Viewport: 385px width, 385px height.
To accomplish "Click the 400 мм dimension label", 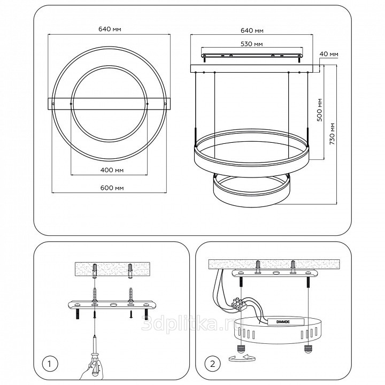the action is (112, 170).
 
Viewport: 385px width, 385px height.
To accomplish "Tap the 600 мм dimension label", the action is (112, 188).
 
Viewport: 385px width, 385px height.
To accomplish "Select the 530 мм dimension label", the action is (251, 44).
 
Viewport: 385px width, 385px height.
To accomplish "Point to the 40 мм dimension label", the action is (329, 54).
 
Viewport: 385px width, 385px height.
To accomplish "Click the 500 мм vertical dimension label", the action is (319, 110).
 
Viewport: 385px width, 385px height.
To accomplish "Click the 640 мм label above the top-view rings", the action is (110, 29).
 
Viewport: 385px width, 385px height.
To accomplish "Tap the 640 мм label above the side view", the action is (252, 30).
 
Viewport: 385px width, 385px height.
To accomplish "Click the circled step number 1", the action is (49, 364).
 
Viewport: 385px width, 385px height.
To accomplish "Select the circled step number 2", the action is (212, 364).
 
